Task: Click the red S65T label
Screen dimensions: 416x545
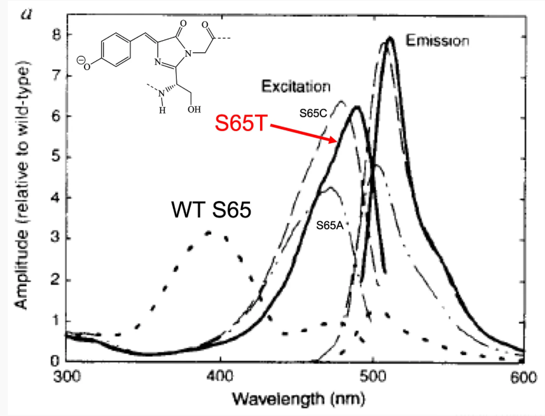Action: click(241, 123)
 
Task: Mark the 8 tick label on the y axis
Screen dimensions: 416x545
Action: click(55, 35)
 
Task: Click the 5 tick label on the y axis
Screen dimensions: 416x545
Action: click(55, 157)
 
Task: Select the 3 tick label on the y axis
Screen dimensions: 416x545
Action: click(55, 239)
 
